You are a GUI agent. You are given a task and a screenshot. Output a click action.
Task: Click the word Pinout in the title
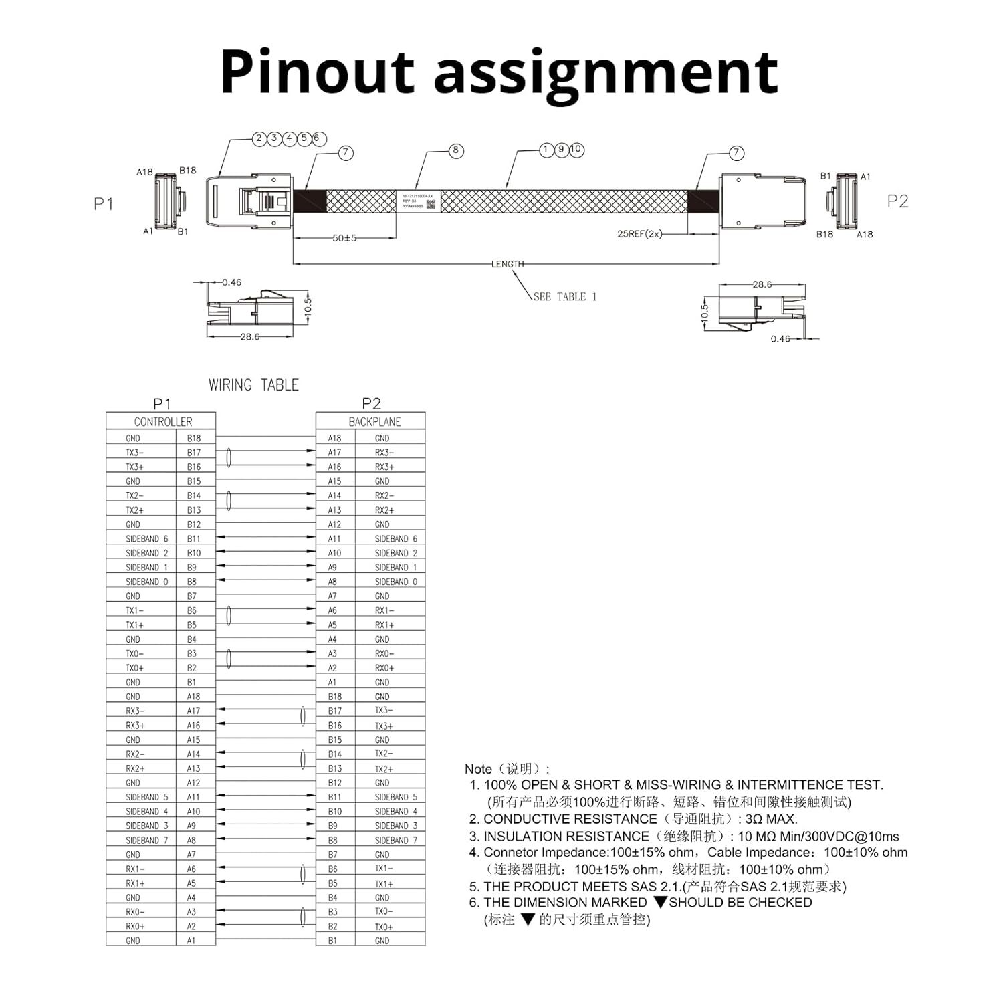318,72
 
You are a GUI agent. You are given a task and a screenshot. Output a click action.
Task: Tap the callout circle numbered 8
455,150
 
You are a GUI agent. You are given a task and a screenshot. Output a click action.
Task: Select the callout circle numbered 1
546,150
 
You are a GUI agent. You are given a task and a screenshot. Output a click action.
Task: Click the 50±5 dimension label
344,238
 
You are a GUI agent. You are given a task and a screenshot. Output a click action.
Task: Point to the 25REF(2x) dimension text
639,233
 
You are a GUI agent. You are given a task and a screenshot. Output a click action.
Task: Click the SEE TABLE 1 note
565,296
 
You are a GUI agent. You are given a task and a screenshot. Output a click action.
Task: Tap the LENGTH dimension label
508,264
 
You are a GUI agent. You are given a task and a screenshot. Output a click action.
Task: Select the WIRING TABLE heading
253,385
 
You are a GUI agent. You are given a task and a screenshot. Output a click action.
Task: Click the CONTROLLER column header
162,422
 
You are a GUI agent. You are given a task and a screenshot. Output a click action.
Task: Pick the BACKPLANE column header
374,422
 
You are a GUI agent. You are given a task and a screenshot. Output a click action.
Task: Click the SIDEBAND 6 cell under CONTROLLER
146,539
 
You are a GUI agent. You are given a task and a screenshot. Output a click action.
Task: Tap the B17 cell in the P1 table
194,453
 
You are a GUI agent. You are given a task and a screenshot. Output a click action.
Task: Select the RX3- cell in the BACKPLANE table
384,453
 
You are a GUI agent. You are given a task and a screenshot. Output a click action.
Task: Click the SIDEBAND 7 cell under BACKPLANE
396,841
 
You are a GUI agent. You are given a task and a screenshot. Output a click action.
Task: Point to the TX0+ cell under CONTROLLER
134,668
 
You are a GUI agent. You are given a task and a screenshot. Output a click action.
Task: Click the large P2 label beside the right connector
897,201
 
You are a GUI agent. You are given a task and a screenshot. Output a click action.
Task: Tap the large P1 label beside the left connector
104,204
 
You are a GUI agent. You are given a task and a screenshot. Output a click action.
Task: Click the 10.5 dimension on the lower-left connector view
308,306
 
